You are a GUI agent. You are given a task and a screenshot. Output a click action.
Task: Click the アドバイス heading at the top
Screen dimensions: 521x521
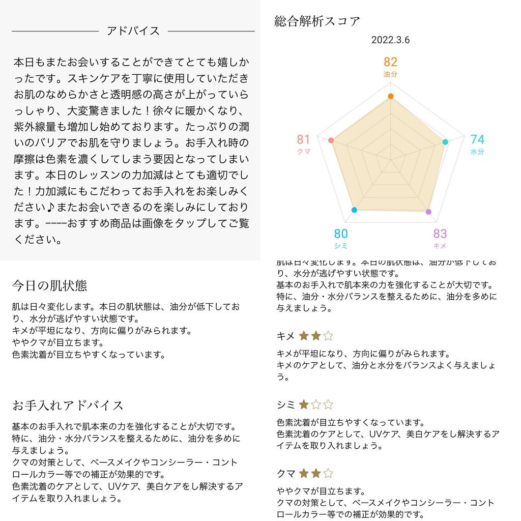[x=133, y=31]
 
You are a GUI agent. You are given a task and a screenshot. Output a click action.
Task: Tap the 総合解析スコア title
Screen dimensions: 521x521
[x=317, y=21]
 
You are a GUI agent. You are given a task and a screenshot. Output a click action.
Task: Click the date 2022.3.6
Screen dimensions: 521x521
[x=390, y=40]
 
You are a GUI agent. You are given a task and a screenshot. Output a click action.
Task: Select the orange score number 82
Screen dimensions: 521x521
[x=390, y=62]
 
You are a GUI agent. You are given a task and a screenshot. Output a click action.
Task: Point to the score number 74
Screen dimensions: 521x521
[x=477, y=140]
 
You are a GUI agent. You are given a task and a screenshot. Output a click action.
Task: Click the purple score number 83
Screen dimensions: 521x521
[x=440, y=234]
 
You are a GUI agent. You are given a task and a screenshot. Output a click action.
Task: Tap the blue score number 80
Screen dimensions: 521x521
[x=341, y=234]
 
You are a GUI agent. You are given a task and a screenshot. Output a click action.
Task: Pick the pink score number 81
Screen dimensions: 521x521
[x=304, y=140]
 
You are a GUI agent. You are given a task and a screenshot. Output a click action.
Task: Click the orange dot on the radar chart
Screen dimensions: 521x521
[x=390, y=96]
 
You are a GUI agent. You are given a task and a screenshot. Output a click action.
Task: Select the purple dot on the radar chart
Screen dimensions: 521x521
[x=428, y=211]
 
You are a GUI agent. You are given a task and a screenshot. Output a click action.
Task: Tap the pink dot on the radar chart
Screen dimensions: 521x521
[x=331, y=140]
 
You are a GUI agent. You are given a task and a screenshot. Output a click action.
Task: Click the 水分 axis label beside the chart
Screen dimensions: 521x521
[x=477, y=152]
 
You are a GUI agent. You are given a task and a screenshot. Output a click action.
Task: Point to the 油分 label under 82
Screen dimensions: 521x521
[x=390, y=74]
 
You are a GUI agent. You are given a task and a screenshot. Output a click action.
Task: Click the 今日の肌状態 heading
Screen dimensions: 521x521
[x=49, y=286]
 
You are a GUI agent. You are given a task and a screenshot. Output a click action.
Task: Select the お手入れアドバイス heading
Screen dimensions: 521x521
[x=68, y=406]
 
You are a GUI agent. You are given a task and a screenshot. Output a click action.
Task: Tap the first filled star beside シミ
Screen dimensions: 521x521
[x=304, y=405]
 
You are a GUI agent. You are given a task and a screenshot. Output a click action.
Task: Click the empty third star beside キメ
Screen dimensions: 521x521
[x=328, y=336]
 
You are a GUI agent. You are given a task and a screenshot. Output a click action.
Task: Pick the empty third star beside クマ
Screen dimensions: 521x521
[x=328, y=474]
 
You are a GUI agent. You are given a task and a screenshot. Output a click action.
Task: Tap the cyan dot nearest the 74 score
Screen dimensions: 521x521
[x=445, y=142]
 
